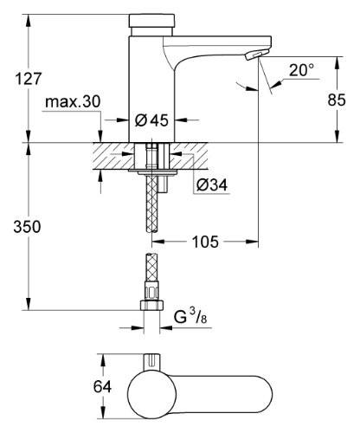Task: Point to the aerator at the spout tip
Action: tap(250, 55)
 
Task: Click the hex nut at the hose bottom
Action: tap(151, 306)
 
